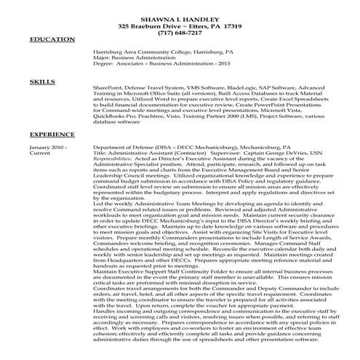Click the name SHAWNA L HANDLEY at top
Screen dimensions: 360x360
coord(180,17)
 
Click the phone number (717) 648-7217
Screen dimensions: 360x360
coord(180,33)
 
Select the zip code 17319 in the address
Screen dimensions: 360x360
coord(233,25)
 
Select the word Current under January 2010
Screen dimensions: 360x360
coord(40,153)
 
